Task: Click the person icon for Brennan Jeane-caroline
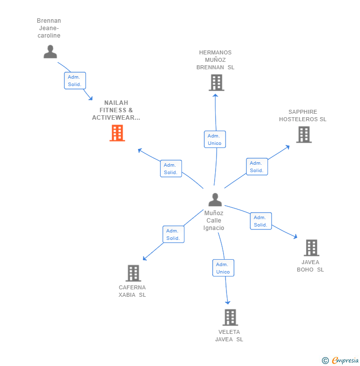click(x=50, y=51)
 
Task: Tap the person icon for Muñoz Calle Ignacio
click(x=215, y=199)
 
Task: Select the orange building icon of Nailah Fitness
click(x=117, y=133)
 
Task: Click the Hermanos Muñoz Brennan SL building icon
click(x=216, y=83)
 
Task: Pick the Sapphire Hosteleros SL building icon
click(x=304, y=134)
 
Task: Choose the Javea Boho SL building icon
click(x=311, y=248)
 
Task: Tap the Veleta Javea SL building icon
click(x=230, y=318)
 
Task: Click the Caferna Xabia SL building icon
click(x=133, y=273)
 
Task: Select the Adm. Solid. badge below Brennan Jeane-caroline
click(x=75, y=81)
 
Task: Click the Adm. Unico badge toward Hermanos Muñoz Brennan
click(x=215, y=139)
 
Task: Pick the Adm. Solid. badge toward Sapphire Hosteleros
click(x=257, y=167)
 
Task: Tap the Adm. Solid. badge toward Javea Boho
click(x=261, y=221)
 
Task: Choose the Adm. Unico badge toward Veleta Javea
click(x=223, y=268)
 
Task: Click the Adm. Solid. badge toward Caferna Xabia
click(x=173, y=234)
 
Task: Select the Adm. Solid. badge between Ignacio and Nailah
click(x=171, y=169)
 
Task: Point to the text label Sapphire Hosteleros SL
click(x=303, y=115)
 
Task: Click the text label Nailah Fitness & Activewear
click(x=116, y=110)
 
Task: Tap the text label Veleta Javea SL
click(x=229, y=335)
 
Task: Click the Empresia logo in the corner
click(x=340, y=361)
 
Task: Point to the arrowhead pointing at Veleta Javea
click(x=227, y=302)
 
